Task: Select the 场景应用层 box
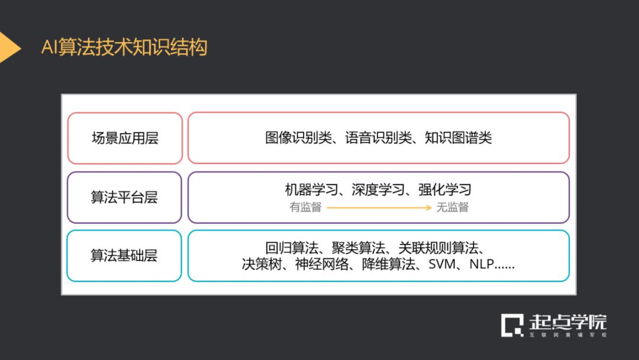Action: tap(125, 139)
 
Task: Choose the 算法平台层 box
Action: tap(124, 197)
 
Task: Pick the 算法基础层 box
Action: tap(124, 256)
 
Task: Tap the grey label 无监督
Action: tap(453, 207)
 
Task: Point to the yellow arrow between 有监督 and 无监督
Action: tap(379, 207)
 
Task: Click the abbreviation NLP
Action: tap(482, 264)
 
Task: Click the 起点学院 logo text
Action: tap(567, 323)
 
